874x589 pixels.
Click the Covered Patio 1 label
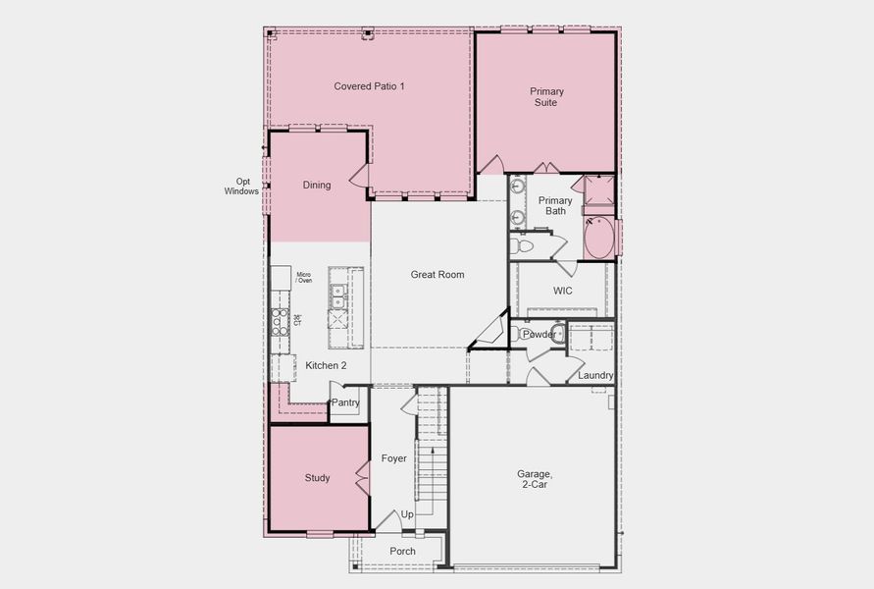[x=369, y=86]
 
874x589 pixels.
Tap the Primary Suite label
[x=546, y=97]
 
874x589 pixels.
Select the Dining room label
[x=316, y=186]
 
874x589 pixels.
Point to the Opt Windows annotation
[x=242, y=187]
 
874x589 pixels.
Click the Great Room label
[x=437, y=275]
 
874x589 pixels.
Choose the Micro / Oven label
[x=304, y=278]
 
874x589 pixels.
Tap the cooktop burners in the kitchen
[x=280, y=322]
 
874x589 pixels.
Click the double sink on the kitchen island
[x=337, y=291]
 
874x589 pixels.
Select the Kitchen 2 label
[x=326, y=366]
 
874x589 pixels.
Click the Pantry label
[x=345, y=402]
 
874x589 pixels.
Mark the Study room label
[x=317, y=479]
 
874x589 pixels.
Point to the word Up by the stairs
[x=407, y=514]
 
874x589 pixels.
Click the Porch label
[x=402, y=552]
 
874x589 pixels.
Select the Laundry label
[x=595, y=376]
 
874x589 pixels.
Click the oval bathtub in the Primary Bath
[x=598, y=238]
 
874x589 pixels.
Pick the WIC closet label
[x=562, y=292]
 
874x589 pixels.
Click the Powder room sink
[x=558, y=334]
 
